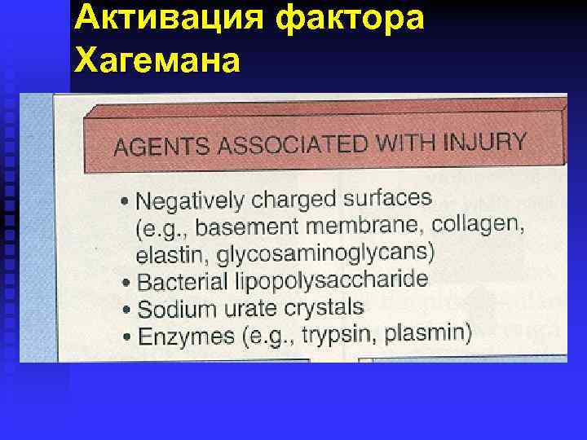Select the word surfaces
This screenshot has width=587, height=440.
pos(386,197)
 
